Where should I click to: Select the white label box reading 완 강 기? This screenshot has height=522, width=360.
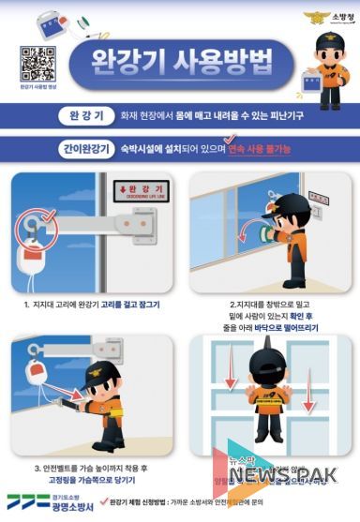coord(85,117)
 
